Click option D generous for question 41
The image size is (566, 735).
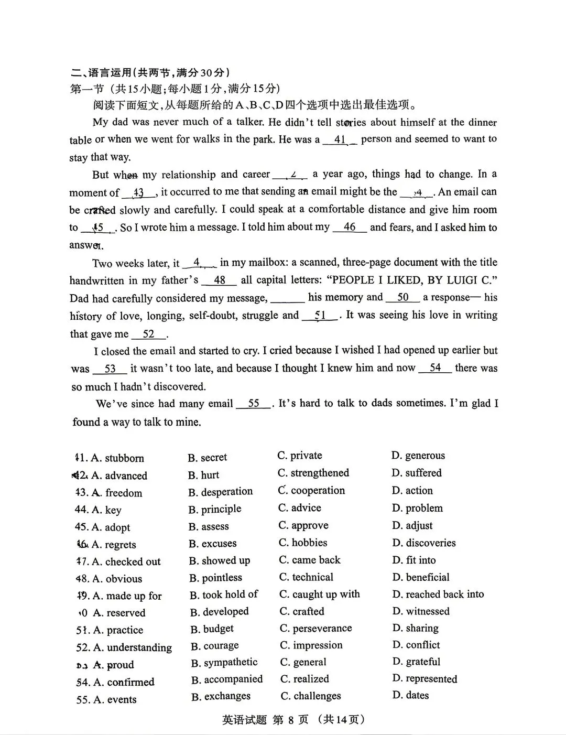418,455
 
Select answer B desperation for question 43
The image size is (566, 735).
221,492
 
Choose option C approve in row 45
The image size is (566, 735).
303,525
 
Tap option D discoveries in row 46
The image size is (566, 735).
423,543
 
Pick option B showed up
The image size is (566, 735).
220,560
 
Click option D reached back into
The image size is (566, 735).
438,594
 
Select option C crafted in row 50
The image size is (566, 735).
302,611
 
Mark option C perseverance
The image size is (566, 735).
315,628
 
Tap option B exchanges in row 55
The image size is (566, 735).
221,696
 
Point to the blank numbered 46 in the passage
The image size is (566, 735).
350,228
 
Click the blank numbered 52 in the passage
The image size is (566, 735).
149,334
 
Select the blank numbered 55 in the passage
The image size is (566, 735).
254,404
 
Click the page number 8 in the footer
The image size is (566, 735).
291,720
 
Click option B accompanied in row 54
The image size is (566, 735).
227,679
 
